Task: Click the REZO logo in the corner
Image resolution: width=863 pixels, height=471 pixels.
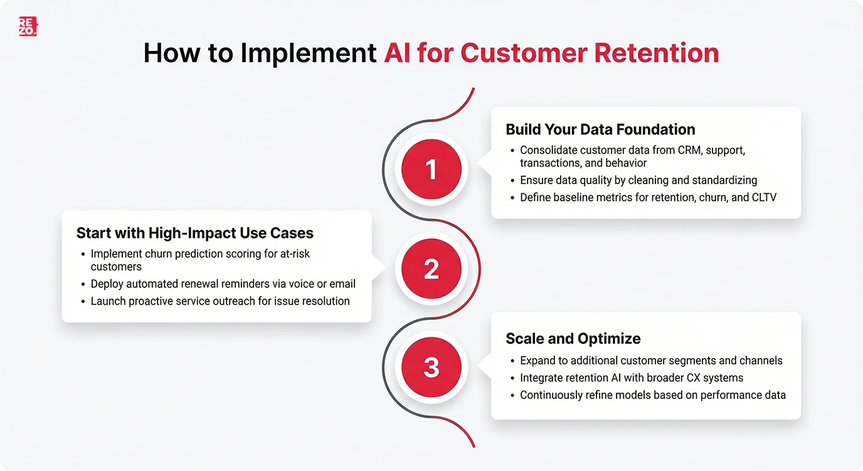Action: pyautogui.click(x=28, y=26)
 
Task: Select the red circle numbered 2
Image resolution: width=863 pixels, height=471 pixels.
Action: pyautogui.click(x=431, y=268)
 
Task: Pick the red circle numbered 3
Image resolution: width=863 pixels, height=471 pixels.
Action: pyautogui.click(x=431, y=367)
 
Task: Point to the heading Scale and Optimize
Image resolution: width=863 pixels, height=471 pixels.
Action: pyautogui.click(x=573, y=339)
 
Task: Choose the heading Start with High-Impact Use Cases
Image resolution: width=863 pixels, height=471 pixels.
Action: pyautogui.click(x=194, y=233)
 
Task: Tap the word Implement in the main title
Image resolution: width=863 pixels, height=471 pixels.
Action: pyautogui.click(x=309, y=53)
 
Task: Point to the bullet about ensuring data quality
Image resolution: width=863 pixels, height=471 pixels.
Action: pyautogui.click(x=638, y=180)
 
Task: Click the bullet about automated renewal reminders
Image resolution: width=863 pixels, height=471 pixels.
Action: pyautogui.click(x=223, y=283)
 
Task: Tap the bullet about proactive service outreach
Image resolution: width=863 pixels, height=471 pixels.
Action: pyautogui.click(x=220, y=301)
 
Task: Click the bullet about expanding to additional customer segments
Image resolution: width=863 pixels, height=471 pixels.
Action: pyautogui.click(x=651, y=360)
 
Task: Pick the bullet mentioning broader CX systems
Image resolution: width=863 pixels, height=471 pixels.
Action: pyautogui.click(x=632, y=378)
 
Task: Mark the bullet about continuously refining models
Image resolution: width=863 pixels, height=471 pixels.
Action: pyautogui.click(x=653, y=395)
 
